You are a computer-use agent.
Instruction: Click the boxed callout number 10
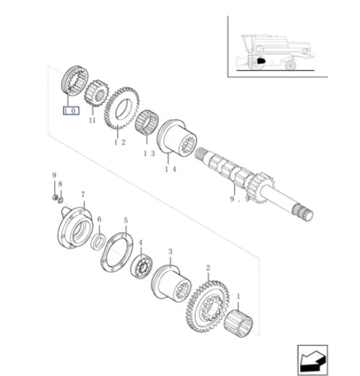point(71,111)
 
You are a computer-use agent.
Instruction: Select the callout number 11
point(93,120)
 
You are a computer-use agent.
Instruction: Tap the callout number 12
point(120,142)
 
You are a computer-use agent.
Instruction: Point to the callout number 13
point(149,153)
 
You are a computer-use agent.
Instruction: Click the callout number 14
point(171,169)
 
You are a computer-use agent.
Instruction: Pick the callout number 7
point(83,195)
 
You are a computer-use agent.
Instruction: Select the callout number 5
point(126,221)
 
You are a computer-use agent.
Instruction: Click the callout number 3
point(171,252)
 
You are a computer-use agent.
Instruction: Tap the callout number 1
point(239,296)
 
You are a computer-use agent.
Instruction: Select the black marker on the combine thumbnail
point(260,61)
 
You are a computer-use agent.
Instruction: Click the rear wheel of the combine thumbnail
point(291,65)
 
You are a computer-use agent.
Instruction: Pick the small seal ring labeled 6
point(98,242)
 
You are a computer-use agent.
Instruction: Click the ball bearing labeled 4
point(142,266)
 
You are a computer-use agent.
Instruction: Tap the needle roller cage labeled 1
point(239,324)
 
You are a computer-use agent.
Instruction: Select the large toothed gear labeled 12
point(121,108)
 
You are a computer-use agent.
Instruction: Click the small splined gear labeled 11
point(96,93)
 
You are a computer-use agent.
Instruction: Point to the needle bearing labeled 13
point(147,122)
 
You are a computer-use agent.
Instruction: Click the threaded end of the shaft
point(200,153)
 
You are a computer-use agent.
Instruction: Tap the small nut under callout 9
point(55,197)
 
